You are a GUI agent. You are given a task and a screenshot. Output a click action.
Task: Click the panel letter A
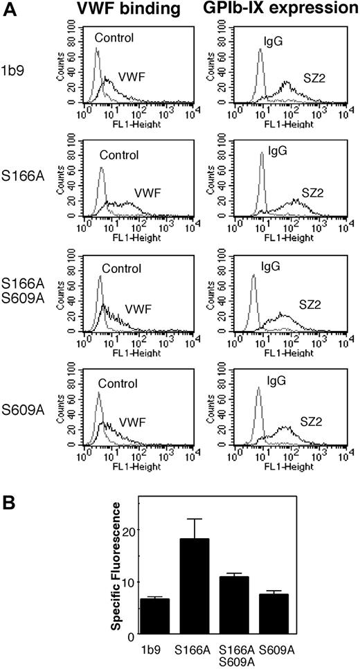tap(9, 10)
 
